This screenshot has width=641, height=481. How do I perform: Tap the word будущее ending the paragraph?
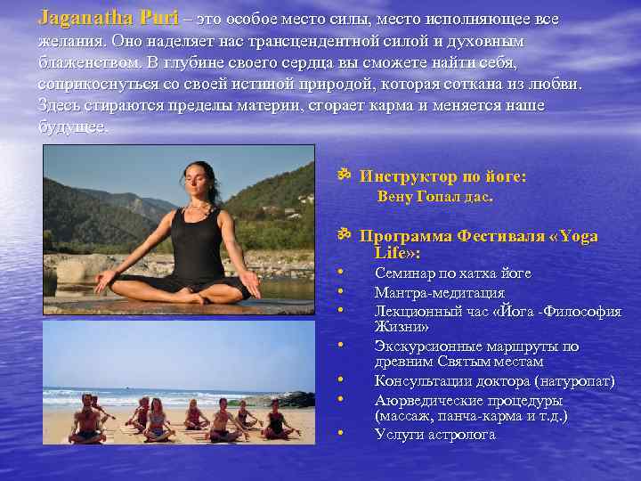(x=72, y=126)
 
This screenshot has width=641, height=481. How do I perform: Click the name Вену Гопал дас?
(x=434, y=196)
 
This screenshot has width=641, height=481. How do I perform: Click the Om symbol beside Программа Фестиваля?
(x=345, y=235)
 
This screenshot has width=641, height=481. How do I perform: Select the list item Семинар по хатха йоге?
(x=452, y=273)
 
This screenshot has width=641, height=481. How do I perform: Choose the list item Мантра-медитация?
(x=440, y=292)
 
